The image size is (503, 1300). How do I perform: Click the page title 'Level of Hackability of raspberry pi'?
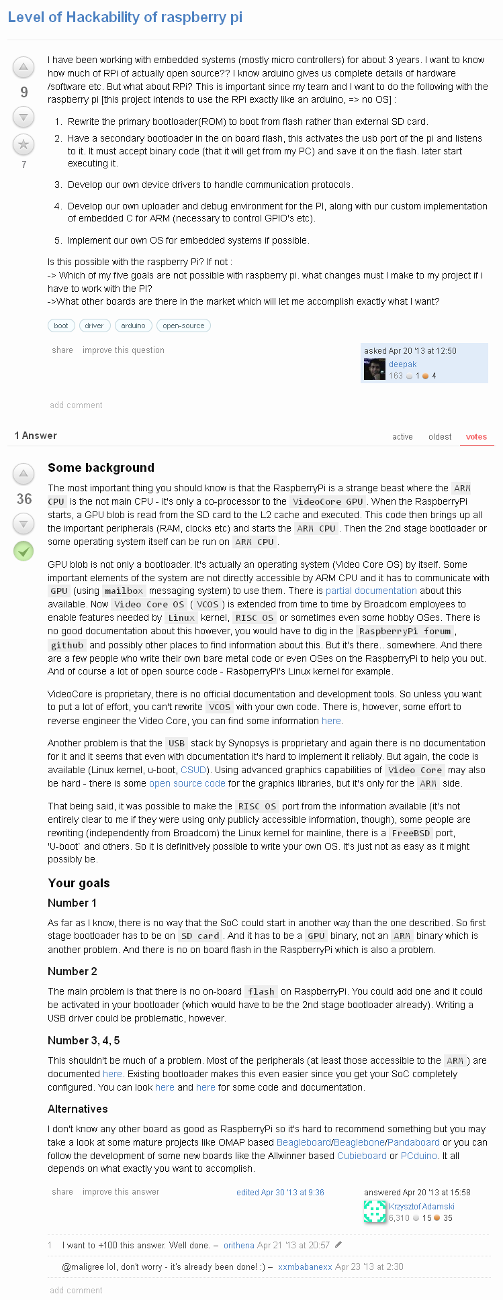point(125,17)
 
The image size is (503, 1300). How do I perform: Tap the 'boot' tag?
point(61,326)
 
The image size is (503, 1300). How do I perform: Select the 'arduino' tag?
point(133,326)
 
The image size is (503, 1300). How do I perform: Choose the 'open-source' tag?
point(183,326)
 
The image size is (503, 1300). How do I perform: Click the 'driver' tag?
point(94,326)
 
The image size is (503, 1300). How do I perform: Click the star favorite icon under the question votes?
point(24,144)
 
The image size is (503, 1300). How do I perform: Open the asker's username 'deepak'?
point(403,364)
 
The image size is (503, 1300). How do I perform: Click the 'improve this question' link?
point(124,350)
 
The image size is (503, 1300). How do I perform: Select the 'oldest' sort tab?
point(440,437)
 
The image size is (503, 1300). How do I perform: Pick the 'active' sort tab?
point(402,437)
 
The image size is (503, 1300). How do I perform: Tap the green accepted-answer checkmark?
point(24,551)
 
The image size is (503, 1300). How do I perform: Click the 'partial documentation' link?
point(371,591)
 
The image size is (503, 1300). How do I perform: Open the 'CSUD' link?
point(193,770)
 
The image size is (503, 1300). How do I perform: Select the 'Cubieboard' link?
point(362,1156)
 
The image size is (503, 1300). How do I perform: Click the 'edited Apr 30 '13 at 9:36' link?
point(280,1193)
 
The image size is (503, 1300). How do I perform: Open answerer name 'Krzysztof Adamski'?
point(422,1207)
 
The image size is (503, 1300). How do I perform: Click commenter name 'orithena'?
point(239,1245)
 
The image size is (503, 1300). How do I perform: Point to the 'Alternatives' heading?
point(78,1109)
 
